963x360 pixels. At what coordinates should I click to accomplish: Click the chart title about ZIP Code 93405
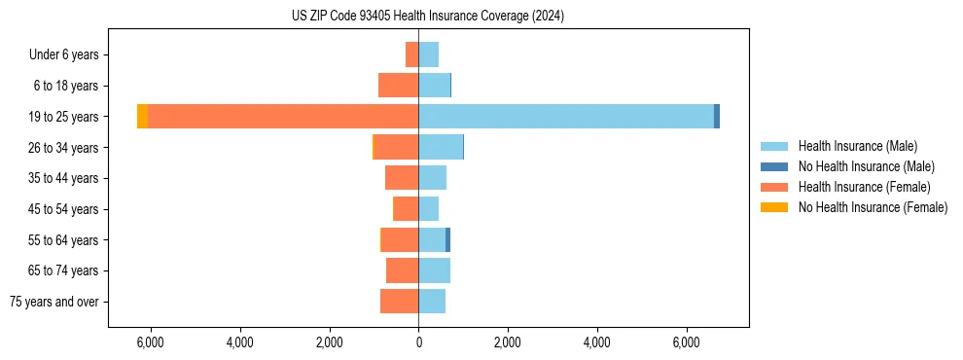427,17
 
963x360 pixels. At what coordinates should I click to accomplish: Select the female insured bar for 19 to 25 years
282,117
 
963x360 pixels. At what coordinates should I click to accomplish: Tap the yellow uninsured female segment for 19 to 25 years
142,117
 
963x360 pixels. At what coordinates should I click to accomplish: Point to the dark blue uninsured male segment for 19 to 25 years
717,117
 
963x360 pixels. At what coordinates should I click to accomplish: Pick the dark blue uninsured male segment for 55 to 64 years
448,240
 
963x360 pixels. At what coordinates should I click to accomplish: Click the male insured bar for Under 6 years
429,54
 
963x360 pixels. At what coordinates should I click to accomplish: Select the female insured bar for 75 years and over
399,302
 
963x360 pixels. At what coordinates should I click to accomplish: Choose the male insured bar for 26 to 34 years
441,147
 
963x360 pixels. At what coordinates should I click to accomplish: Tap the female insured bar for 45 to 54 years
406,209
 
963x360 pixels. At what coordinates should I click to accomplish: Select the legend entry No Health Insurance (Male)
866,166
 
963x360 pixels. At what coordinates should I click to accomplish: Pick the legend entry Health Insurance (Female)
864,187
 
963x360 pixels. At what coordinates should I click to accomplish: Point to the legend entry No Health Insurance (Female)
873,207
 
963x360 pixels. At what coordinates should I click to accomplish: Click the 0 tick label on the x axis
418,342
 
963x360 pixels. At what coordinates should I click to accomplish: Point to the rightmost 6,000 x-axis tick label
686,342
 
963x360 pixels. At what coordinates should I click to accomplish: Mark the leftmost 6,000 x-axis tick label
151,342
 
